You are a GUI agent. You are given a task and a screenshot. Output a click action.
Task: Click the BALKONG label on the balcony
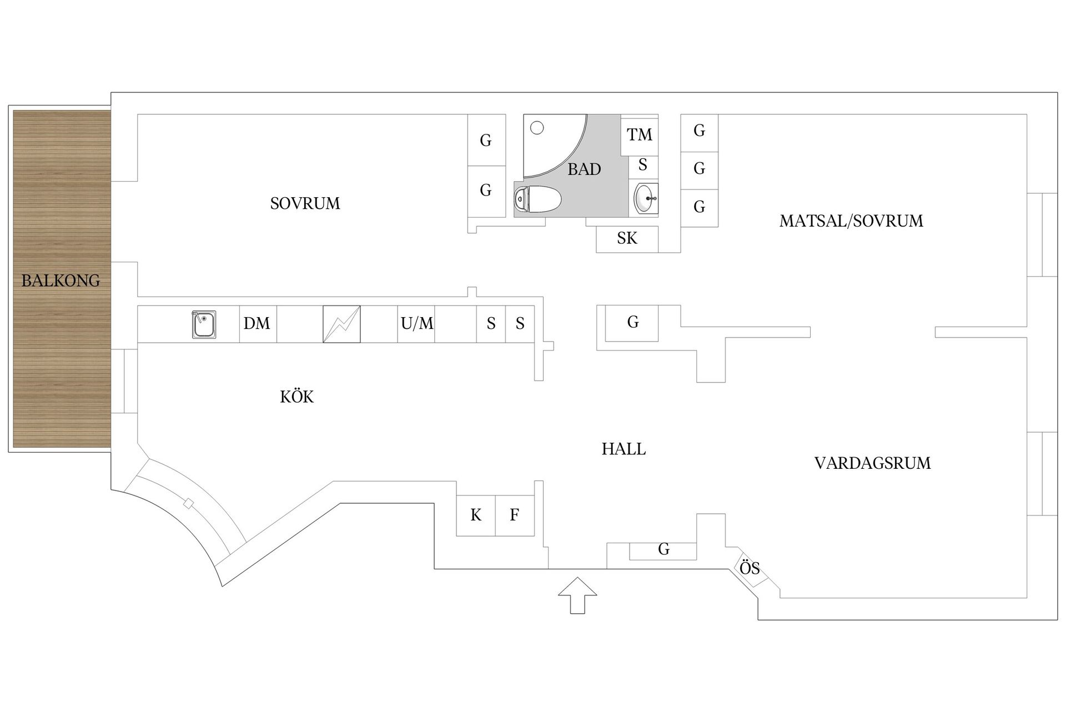click(61, 281)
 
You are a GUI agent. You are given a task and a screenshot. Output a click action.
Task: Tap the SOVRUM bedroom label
click(305, 203)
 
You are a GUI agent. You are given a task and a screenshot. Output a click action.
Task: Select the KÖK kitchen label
click(296, 396)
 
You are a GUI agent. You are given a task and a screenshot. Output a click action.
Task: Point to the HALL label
click(623, 449)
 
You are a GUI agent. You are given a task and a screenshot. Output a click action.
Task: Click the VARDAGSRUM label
click(872, 463)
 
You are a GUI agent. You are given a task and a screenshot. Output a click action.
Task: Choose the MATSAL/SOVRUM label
click(851, 221)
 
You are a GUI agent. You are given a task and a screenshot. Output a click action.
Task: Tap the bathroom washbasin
click(646, 198)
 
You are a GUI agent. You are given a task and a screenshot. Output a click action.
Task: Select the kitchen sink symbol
click(204, 324)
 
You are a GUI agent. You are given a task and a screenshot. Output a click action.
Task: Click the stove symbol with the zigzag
click(341, 324)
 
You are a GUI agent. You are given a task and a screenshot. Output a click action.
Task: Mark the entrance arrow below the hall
click(577, 595)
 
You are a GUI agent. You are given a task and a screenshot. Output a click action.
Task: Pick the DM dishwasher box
click(258, 324)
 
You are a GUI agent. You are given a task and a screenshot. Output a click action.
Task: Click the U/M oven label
click(417, 323)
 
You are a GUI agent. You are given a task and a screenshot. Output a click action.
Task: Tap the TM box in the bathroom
click(639, 135)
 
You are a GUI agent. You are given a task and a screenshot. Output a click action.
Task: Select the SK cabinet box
click(627, 239)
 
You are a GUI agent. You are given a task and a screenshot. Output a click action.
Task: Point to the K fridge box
click(476, 515)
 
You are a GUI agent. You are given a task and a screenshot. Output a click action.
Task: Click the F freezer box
click(515, 515)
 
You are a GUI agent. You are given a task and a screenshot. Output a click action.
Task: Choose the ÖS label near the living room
click(750, 568)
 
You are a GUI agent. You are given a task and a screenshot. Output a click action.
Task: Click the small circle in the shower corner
click(537, 128)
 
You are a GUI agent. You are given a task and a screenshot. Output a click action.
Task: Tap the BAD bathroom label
click(584, 169)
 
